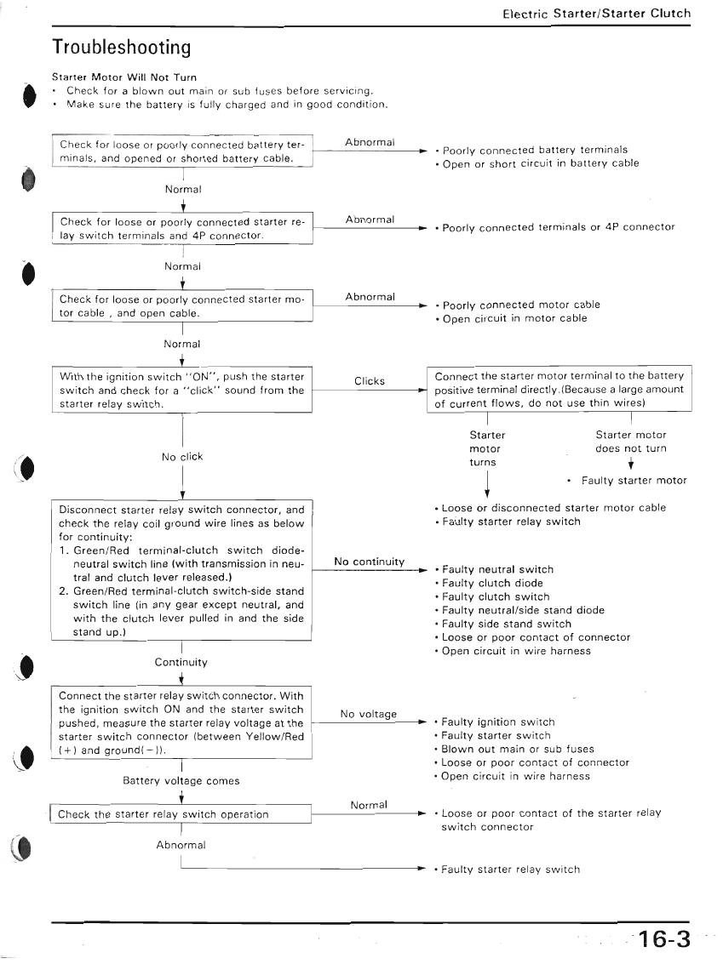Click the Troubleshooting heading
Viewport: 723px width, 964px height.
point(121,46)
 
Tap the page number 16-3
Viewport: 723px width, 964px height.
point(663,939)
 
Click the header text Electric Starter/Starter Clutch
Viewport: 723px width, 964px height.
point(596,14)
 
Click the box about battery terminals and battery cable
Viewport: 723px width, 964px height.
point(182,151)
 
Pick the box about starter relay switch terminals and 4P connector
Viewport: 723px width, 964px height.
point(182,229)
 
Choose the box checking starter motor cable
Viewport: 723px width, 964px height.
point(182,306)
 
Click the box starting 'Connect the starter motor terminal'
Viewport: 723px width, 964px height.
point(559,390)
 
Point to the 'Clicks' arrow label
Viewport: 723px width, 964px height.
point(370,381)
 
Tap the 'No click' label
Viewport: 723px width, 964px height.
point(182,457)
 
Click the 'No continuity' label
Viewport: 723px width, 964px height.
point(369,562)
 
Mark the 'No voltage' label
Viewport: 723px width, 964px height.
point(368,714)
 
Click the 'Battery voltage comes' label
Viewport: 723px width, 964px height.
point(181,780)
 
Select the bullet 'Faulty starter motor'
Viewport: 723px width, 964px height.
point(634,481)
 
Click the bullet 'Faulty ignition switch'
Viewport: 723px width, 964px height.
point(497,722)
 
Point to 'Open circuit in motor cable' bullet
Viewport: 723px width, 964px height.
point(514,318)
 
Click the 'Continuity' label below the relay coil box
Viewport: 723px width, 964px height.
point(181,662)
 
